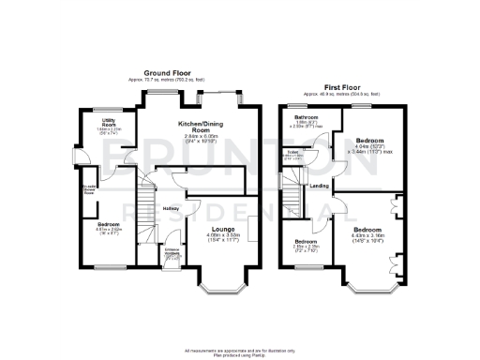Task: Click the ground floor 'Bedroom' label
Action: pos(110,224)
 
